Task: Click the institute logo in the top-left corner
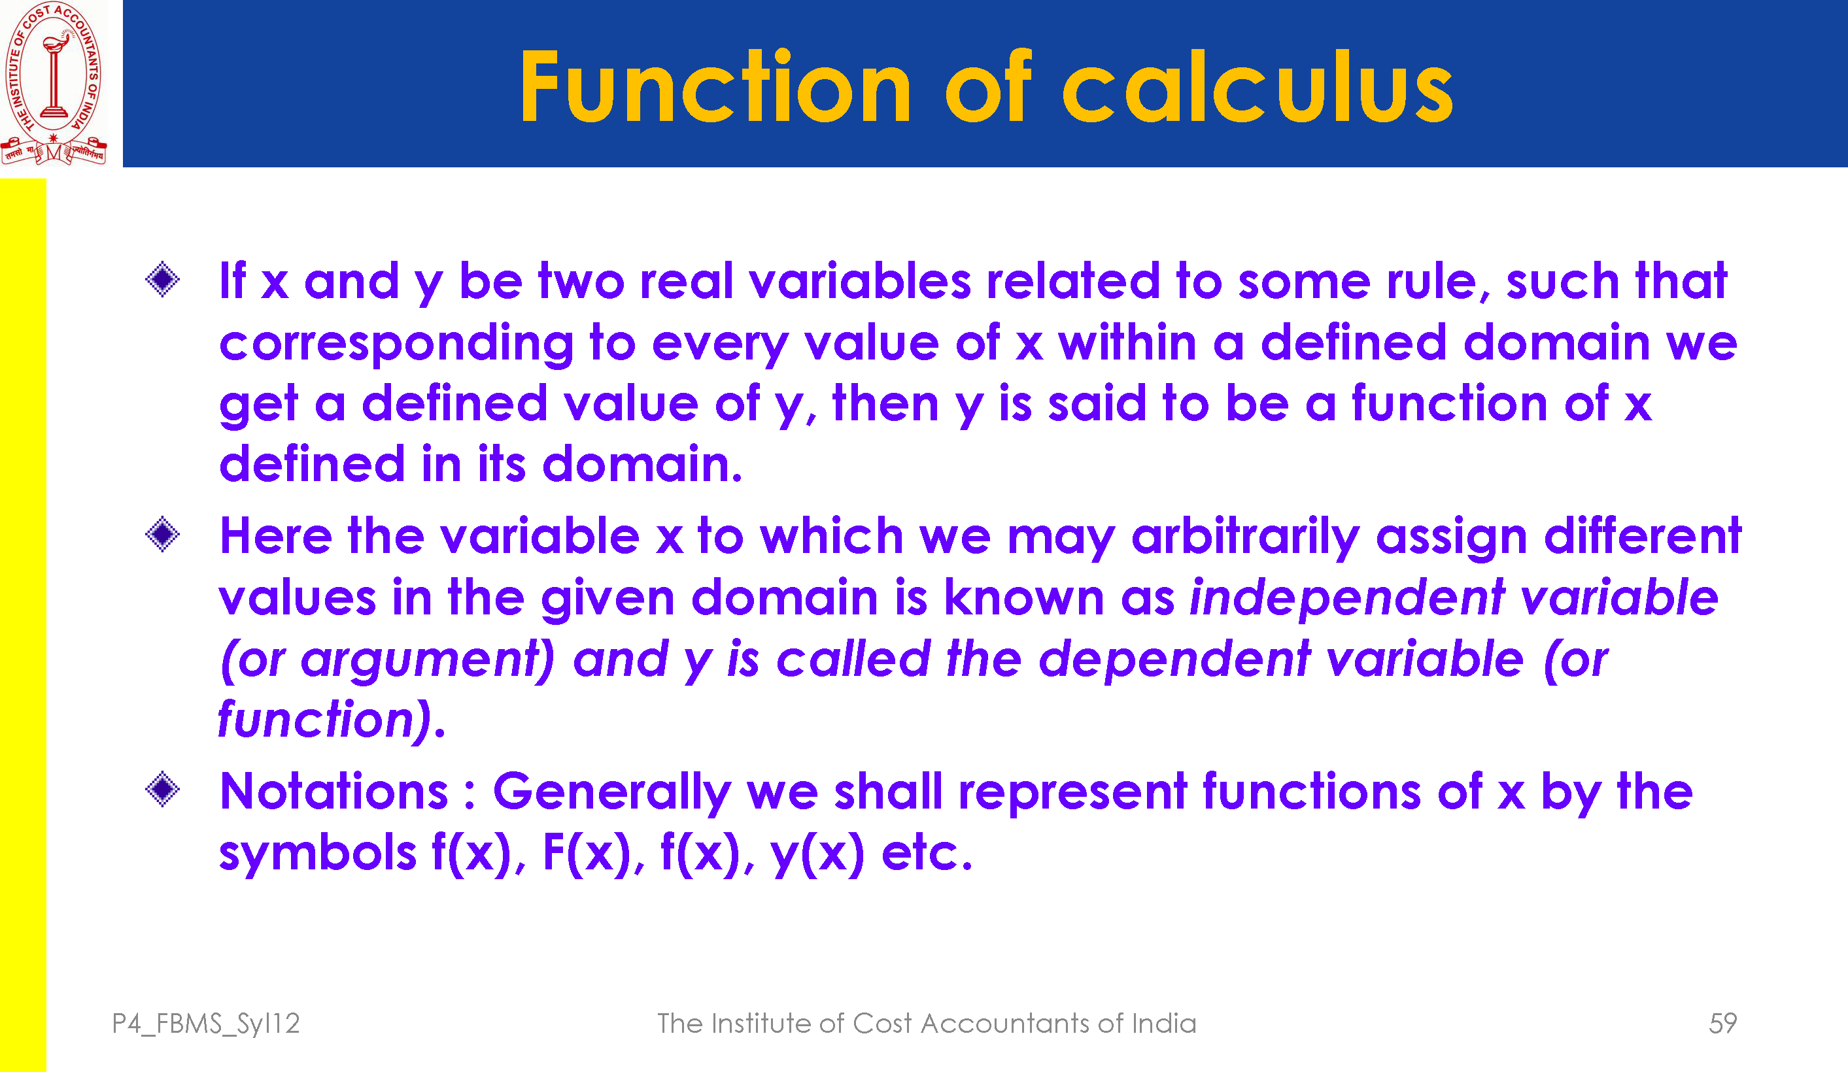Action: (x=54, y=83)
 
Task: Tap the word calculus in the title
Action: (x=1257, y=86)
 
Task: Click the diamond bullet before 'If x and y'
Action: (x=162, y=279)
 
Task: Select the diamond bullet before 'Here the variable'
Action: (x=162, y=534)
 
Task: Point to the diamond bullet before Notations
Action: (x=162, y=790)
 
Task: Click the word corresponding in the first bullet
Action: (x=396, y=344)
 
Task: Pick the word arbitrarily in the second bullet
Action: (x=1245, y=537)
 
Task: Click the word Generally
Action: (x=611, y=794)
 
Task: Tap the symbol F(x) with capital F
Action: (x=587, y=854)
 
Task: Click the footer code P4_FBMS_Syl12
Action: (x=205, y=1024)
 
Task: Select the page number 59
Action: (x=1722, y=1023)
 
